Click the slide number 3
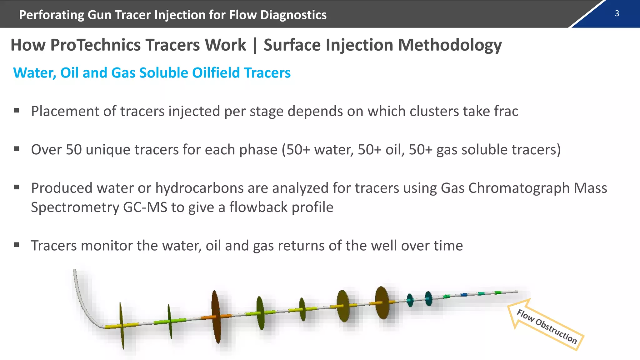(x=617, y=13)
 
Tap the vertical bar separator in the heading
(x=255, y=45)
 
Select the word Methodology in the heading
(x=450, y=45)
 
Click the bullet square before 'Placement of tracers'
(x=17, y=110)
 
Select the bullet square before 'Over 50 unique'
(x=17, y=149)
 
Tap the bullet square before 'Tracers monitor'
(x=17, y=245)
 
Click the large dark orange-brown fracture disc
(x=216, y=316)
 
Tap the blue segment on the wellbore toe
(x=464, y=294)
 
